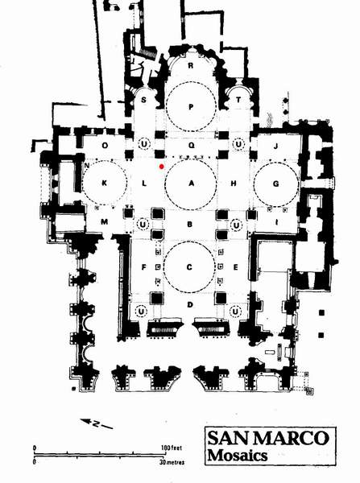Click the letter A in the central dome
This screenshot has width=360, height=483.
point(192,184)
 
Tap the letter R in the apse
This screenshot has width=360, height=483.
point(191,66)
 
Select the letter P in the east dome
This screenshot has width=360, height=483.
point(191,107)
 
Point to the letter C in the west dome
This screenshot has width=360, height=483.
point(189,267)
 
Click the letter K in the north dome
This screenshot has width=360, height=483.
point(105,184)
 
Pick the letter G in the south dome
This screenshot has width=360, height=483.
point(276,184)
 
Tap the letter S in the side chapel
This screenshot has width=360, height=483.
point(143,100)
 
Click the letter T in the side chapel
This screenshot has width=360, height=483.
point(238,100)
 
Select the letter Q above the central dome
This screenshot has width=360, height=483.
point(192,146)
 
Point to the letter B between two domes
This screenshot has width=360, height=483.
point(190,225)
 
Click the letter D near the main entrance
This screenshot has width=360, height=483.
point(190,304)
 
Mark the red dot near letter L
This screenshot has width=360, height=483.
point(161,167)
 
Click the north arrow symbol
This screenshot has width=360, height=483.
point(97,423)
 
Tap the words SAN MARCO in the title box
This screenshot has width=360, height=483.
point(268,438)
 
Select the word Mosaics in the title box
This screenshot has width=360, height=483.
point(238,456)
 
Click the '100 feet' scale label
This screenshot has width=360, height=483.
point(172,448)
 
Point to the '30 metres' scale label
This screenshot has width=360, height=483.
point(172,462)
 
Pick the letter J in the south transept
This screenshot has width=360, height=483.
point(276,146)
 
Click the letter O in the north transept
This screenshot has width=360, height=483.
point(105,146)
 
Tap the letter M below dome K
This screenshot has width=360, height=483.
point(105,221)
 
